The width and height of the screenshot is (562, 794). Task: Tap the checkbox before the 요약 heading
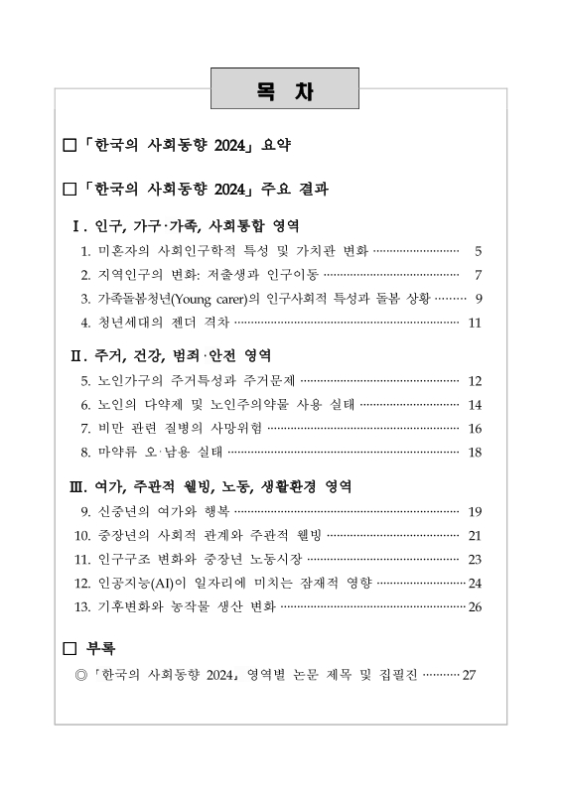[69, 146]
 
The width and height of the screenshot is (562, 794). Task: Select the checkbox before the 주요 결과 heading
[69, 188]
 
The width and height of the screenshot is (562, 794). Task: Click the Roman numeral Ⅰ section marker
[79, 226]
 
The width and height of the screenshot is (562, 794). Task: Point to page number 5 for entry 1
[478, 251]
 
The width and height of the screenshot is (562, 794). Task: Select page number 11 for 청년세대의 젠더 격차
[474, 322]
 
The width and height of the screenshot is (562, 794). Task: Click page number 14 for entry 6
[474, 404]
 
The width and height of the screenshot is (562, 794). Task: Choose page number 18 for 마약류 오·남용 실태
[474, 452]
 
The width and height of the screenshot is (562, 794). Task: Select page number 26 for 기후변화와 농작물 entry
[474, 606]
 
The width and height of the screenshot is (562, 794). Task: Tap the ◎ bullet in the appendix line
[81, 675]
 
